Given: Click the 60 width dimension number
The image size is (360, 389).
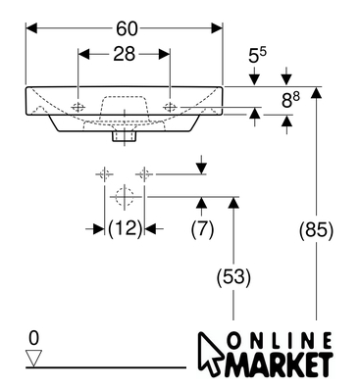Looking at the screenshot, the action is [127, 29].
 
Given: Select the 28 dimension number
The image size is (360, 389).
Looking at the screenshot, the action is [125, 54].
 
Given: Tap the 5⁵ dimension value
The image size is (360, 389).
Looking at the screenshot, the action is [258, 55].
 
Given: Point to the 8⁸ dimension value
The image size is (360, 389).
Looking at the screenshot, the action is [291, 100].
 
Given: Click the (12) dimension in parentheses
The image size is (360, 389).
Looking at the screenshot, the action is [125, 228].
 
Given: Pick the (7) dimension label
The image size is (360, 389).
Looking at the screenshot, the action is [202, 228].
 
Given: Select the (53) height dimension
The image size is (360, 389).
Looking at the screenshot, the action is [233, 277].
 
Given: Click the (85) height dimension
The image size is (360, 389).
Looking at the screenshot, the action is [316, 229].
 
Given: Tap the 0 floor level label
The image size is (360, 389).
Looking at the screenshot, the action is [33, 338].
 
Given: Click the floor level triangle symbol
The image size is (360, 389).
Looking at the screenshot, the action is [34, 359].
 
